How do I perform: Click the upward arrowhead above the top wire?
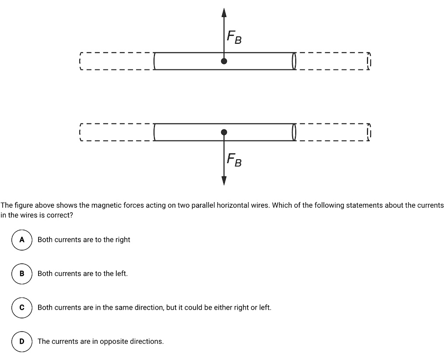coord(224,13)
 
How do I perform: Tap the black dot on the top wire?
coord(224,61)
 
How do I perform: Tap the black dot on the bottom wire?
coord(224,132)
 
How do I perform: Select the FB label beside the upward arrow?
coord(234,38)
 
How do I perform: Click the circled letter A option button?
coord(22,240)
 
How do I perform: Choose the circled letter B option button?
coord(22,273)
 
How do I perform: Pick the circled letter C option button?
coord(22,308)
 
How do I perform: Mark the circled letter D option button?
coord(22,341)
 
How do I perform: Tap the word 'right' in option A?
coord(122,240)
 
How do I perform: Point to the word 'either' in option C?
coord(224,308)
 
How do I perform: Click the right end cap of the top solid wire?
coord(294,61)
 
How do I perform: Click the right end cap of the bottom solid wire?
coord(294,132)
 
